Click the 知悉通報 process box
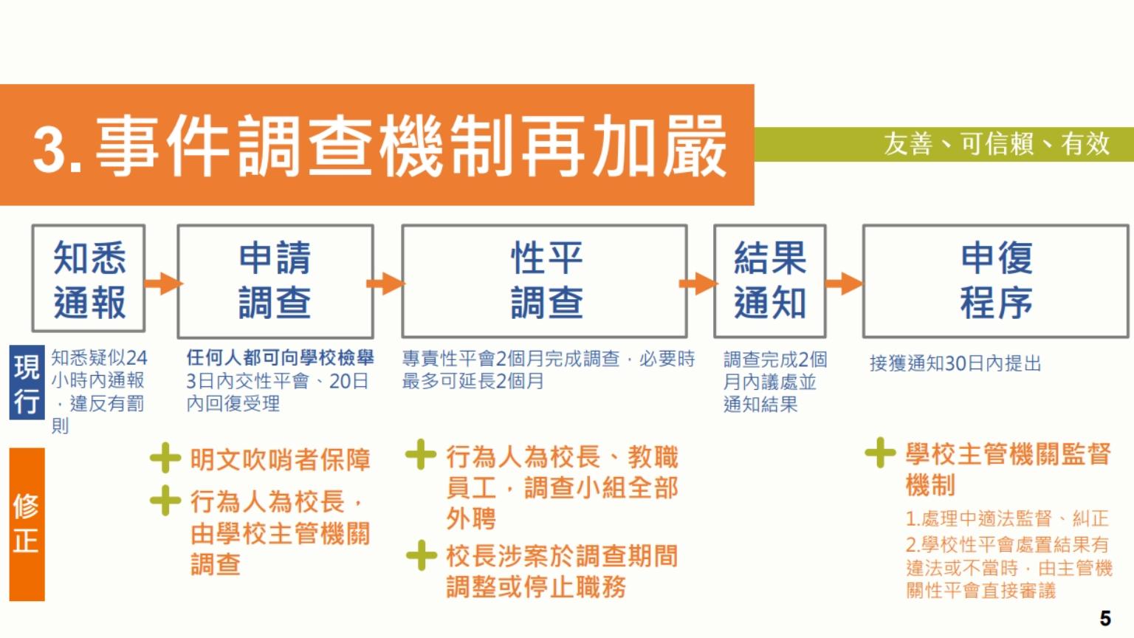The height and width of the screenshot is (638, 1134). coord(89,278)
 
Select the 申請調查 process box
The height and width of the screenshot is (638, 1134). coord(275,281)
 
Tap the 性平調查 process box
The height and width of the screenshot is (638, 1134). coord(544,281)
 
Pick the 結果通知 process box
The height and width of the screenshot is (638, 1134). coord(769,281)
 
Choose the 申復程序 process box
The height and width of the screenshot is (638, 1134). coord(996,281)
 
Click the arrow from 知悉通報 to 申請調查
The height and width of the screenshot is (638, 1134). coord(163,283)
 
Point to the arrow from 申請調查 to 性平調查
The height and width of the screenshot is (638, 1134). coord(386,283)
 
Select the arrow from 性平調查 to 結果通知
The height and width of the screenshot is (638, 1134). coord(698,283)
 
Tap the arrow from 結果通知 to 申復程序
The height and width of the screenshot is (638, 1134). coord(844,283)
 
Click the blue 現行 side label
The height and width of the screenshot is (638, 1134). coord(27,383)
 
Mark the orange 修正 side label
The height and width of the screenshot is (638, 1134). coord(27,524)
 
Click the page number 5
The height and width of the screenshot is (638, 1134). coord(1105,618)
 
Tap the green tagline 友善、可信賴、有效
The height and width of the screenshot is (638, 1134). coord(996,144)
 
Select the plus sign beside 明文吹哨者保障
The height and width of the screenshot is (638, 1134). coord(165,458)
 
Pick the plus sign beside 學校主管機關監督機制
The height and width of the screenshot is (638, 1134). coord(880,452)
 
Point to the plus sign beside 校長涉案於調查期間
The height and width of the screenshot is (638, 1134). coord(422,555)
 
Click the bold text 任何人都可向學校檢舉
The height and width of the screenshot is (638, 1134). coord(280,357)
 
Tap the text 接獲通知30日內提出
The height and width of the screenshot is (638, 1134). coord(955,363)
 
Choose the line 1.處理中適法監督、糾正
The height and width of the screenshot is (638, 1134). coord(1007,518)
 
